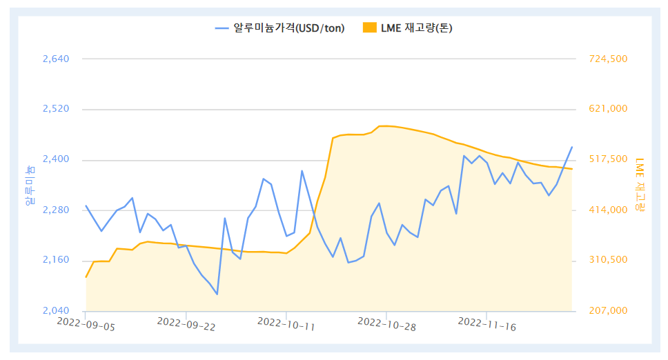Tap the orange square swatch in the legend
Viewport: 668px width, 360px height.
click(x=370, y=28)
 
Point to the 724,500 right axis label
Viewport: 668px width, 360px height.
click(x=608, y=59)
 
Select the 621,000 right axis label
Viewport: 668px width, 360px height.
click(x=608, y=110)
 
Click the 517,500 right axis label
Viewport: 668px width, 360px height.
click(x=608, y=160)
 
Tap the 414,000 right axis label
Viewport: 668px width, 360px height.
click(x=608, y=210)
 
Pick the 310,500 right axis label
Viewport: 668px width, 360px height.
click(x=608, y=261)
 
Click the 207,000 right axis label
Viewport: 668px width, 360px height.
click(x=608, y=311)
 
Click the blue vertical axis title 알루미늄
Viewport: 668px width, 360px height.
click(x=30, y=186)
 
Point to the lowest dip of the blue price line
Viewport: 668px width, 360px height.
click(x=217, y=294)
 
